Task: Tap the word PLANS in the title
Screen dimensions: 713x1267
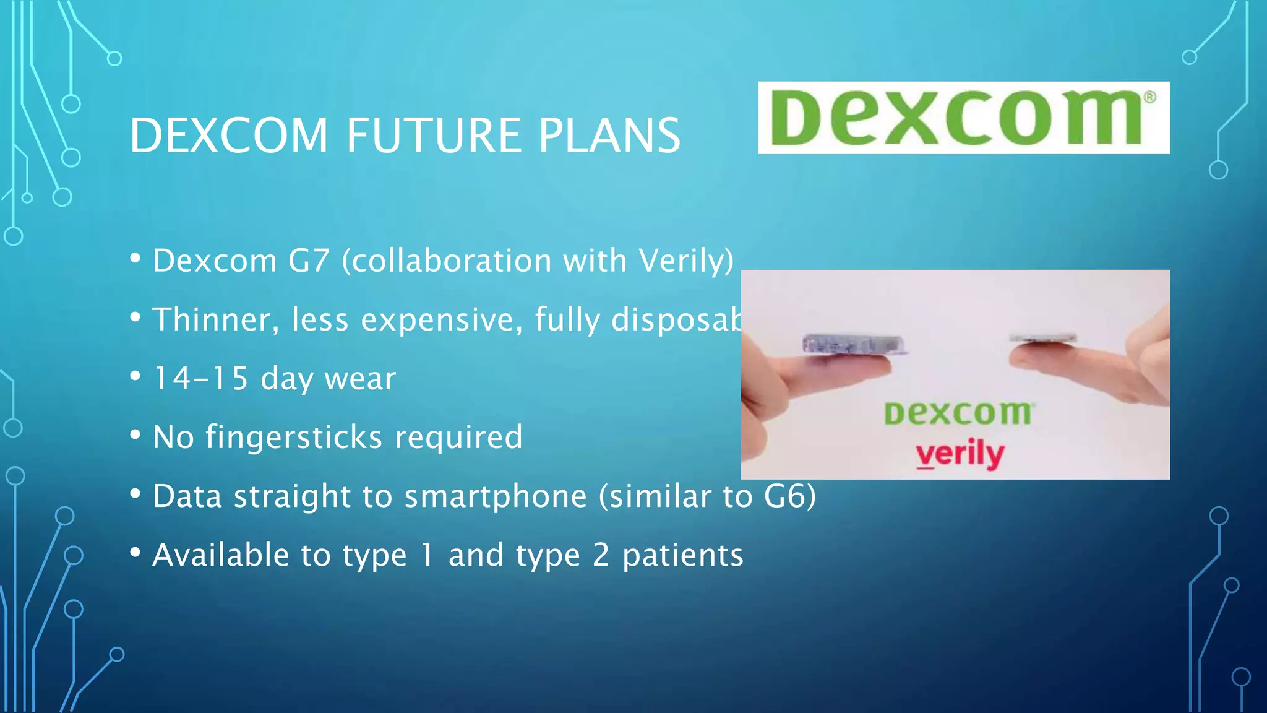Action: coord(609,136)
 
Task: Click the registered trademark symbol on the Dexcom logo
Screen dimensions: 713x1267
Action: coord(1149,97)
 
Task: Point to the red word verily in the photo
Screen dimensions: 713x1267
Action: coord(960,454)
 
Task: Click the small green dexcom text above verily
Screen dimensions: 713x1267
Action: coord(958,413)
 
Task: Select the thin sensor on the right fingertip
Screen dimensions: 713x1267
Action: coord(1042,339)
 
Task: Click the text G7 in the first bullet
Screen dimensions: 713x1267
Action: coord(309,261)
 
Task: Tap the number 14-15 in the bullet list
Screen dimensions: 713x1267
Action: coord(200,378)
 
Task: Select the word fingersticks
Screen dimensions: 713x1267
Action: coord(294,437)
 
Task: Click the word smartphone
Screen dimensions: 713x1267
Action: coord(495,496)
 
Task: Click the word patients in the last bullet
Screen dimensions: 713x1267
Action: coord(683,555)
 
